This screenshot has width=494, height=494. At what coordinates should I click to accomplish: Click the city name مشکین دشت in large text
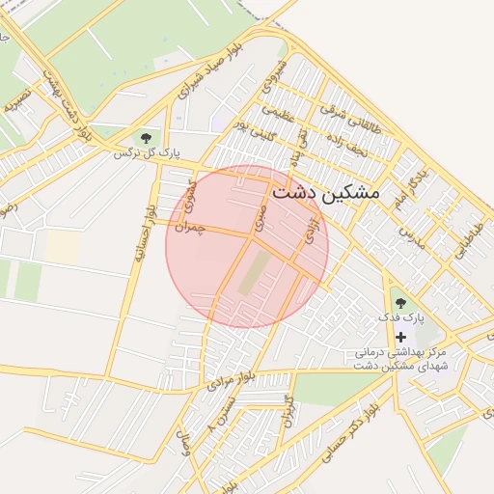tap(326, 192)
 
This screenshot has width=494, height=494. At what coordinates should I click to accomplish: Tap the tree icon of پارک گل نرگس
tap(147, 138)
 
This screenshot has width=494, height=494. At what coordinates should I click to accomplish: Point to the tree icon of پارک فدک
tap(401, 304)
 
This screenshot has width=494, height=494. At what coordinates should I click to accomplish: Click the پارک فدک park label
tap(401, 318)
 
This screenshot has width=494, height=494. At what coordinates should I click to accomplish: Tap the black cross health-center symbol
tap(401, 337)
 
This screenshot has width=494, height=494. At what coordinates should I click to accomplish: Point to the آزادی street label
tap(310, 233)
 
